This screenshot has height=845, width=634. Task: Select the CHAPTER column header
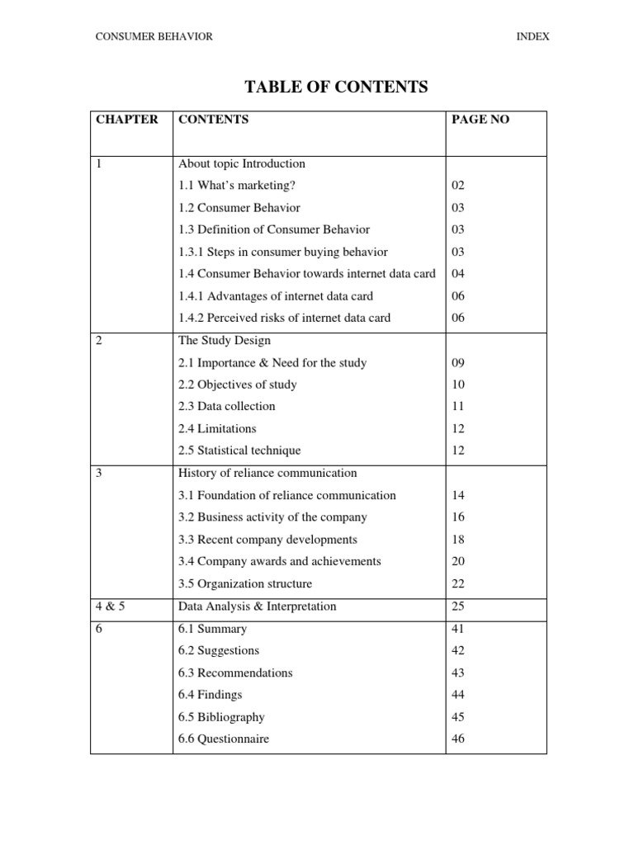pos(127,120)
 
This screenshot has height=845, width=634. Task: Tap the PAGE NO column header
pos(480,120)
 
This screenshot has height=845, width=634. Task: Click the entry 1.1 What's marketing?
pos(237,186)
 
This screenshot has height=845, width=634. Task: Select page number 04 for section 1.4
pos(459,274)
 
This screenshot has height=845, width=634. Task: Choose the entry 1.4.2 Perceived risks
pos(284,318)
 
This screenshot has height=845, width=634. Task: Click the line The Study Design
pos(224,340)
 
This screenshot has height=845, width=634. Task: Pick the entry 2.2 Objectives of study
pos(238,385)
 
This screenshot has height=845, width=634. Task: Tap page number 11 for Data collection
pos(459,407)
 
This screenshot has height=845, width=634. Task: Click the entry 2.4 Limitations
pos(217,429)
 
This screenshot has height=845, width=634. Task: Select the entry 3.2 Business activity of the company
pos(272,517)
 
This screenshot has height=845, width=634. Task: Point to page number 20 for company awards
pos(459,562)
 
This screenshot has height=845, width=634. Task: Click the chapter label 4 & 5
pos(111,607)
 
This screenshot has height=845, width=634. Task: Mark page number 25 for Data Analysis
pos(459,607)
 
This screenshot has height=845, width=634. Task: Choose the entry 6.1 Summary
pos(212,629)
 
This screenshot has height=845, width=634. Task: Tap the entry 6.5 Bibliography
pos(221,717)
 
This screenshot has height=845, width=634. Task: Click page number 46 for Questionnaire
pos(459,739)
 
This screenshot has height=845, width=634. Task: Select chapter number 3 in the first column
pos(100,474)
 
